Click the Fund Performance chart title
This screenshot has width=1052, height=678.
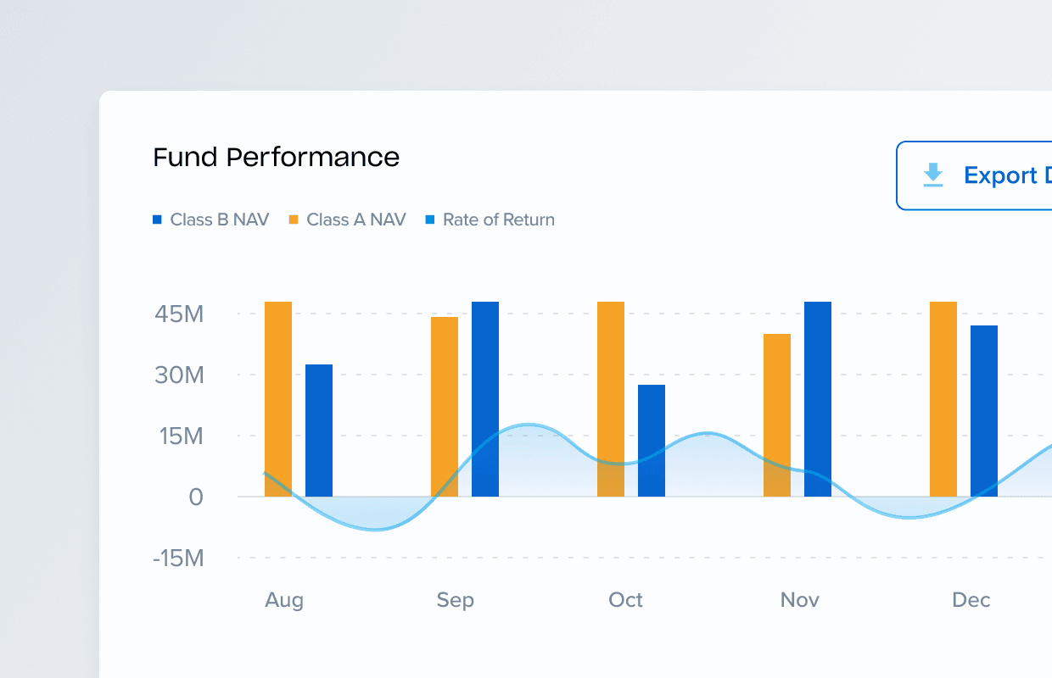point(276,158)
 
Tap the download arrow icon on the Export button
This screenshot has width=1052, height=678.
point(933,175)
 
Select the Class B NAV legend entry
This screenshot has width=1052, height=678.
point(211,220)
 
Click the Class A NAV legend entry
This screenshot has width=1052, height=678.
point(348,220)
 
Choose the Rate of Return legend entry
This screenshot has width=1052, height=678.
point(490,220)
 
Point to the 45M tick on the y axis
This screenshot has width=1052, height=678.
point(179,314)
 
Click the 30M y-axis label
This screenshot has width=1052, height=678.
point(179,375)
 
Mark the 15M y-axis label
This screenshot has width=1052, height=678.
point(179,436)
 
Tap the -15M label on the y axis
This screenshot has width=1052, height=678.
point(179,559)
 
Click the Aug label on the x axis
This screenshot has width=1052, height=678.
point(284,600)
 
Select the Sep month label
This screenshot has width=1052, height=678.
point(456,600)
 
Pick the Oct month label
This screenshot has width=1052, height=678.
point(626,600)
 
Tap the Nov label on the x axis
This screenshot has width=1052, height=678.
point(800,600)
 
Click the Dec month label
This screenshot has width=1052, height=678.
point(971,600)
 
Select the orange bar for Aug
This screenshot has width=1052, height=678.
point(278,398)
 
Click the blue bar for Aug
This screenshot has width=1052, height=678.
point(319,430)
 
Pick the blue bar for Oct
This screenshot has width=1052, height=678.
point(652,440)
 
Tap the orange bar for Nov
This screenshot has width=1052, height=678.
point(777,414)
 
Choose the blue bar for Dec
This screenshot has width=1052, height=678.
point(984,410)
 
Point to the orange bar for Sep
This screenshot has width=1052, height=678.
point(445,406)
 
